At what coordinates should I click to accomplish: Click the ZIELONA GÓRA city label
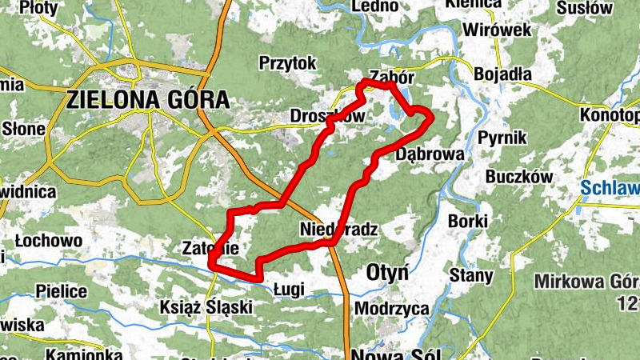coord(148,100)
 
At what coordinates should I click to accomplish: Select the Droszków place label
coord(327,116)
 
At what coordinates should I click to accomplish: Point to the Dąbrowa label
coord(430,154)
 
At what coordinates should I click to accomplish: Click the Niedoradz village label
coord(338,230)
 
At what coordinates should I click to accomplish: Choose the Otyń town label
coord(386,272)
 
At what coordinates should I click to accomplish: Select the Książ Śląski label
coord(206,306)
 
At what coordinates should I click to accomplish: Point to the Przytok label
coord(288,62)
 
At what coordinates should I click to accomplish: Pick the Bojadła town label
coord(502,74)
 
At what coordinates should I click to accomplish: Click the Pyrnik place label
coord(502,138)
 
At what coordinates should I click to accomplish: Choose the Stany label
coord(471,276)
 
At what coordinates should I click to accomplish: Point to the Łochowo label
coord(48,240)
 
